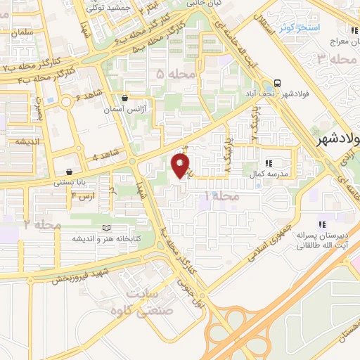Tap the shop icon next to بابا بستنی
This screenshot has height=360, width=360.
pos(69,172)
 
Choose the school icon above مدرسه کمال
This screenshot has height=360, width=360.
pos(268,162)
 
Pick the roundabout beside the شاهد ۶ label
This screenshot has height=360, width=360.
pos(65,102)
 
